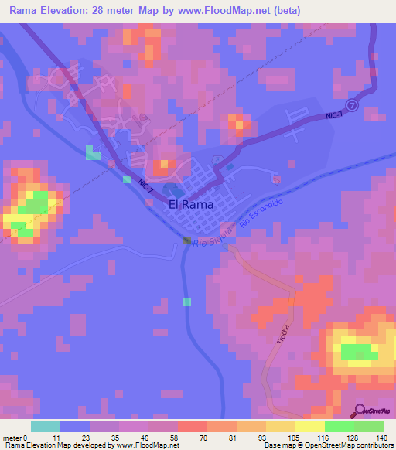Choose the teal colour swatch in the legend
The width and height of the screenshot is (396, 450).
[45, 426]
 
